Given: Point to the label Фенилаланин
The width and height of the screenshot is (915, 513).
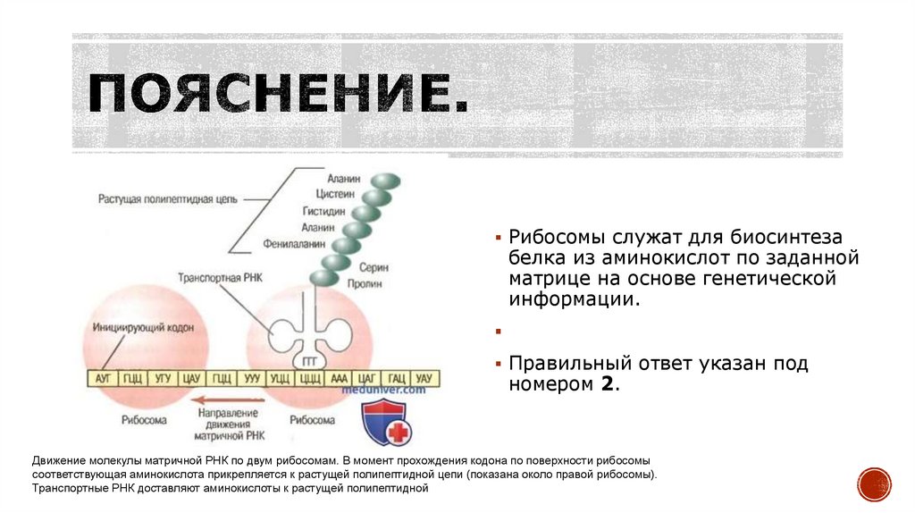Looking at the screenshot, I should click(x=293, y=243).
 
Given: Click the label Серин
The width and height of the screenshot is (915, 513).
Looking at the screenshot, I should click(x=374, y=266).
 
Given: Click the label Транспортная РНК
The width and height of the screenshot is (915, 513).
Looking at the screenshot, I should click(x=219, y=278).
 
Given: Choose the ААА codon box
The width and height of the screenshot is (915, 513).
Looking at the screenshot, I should click(x=339, y=379).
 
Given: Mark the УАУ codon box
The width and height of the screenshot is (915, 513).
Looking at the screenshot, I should click(x=424, y=379).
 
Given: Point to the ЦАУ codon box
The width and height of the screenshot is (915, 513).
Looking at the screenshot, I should click(x=190, y=379).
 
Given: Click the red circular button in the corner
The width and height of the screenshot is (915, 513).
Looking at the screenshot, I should click(x=874, y=484).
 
